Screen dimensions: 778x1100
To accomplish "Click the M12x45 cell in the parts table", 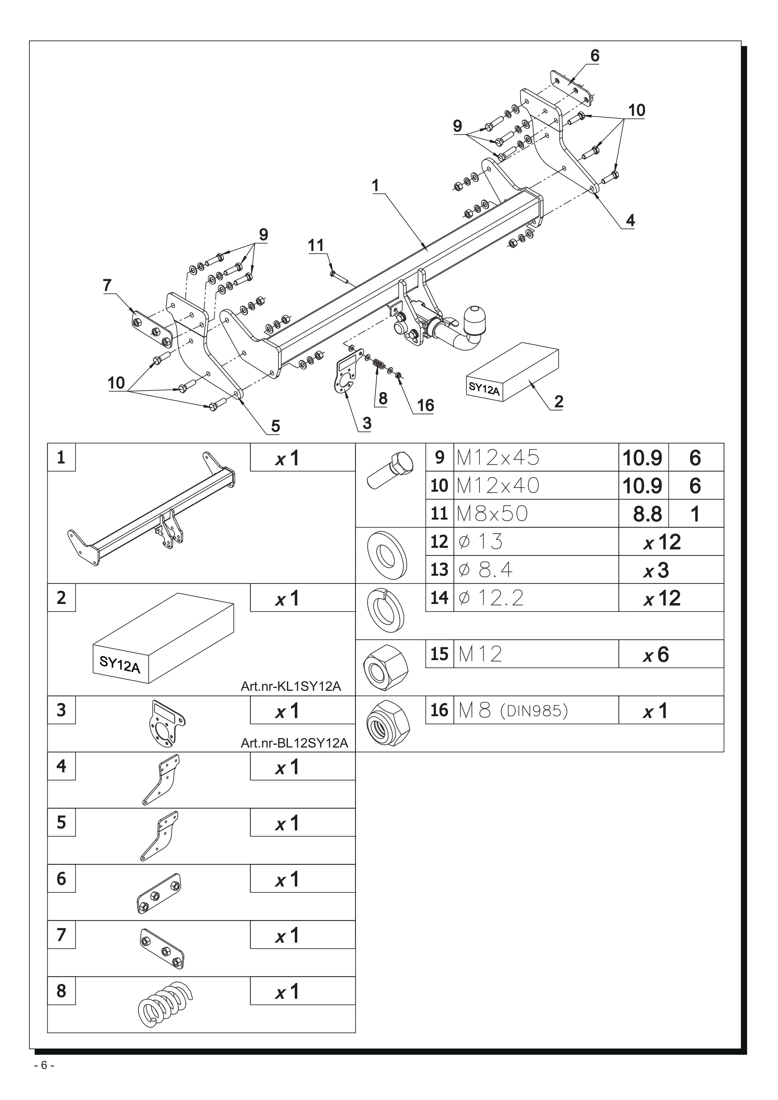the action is [x=498, y=457].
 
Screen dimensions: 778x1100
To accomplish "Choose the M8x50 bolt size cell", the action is [x=492, y=514].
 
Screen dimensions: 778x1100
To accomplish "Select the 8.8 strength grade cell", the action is [x=647, y=514].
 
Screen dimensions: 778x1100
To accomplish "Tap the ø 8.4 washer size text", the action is [x=485, y=570].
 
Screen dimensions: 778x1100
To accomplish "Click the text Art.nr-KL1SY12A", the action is [x=291, y=686].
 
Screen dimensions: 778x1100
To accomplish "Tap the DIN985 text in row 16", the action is [x=534, y=711].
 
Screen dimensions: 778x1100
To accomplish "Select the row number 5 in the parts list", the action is [x=61, y=822].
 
